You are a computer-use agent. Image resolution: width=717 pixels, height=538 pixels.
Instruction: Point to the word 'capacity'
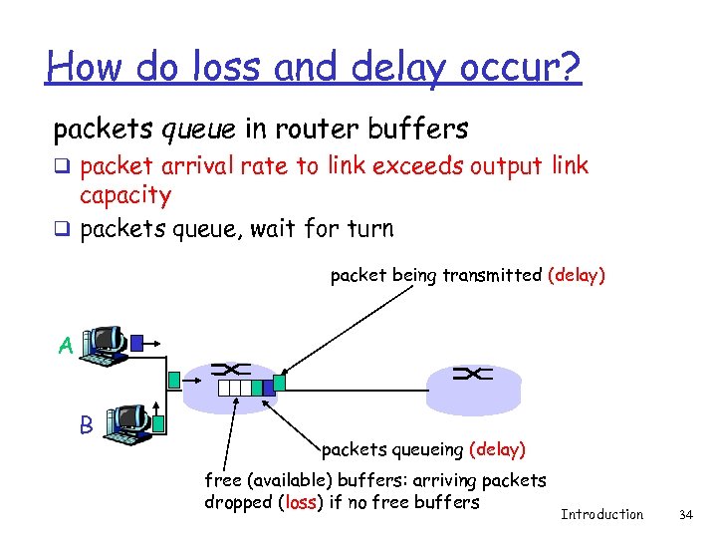(125, 194)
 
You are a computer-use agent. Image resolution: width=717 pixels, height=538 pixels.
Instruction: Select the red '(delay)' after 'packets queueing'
(496, 449)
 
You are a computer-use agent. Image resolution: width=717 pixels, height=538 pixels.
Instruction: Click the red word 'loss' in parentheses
(301, 502)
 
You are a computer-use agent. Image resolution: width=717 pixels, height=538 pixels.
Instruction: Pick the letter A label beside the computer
(66, 346)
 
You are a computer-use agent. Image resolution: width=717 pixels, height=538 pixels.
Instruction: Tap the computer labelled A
(104, 345)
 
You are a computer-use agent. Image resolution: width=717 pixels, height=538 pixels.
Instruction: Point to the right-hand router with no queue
(473, 384)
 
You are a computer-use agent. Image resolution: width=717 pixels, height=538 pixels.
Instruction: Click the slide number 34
(685, 514)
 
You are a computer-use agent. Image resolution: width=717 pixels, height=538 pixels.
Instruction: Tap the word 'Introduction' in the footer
(601, 514)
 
